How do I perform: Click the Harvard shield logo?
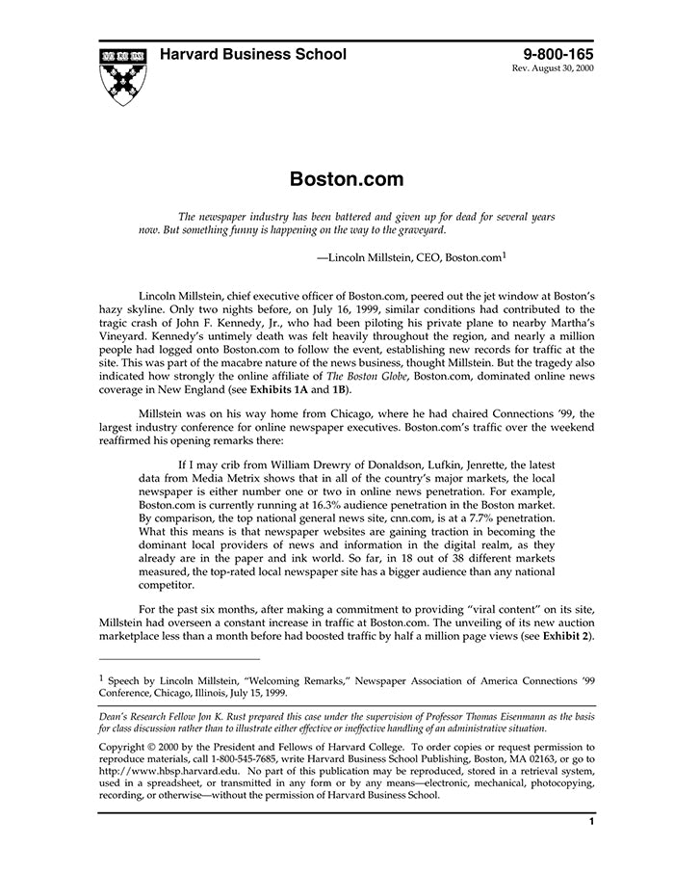[123, 74]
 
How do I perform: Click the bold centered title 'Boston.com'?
[333, 179]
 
